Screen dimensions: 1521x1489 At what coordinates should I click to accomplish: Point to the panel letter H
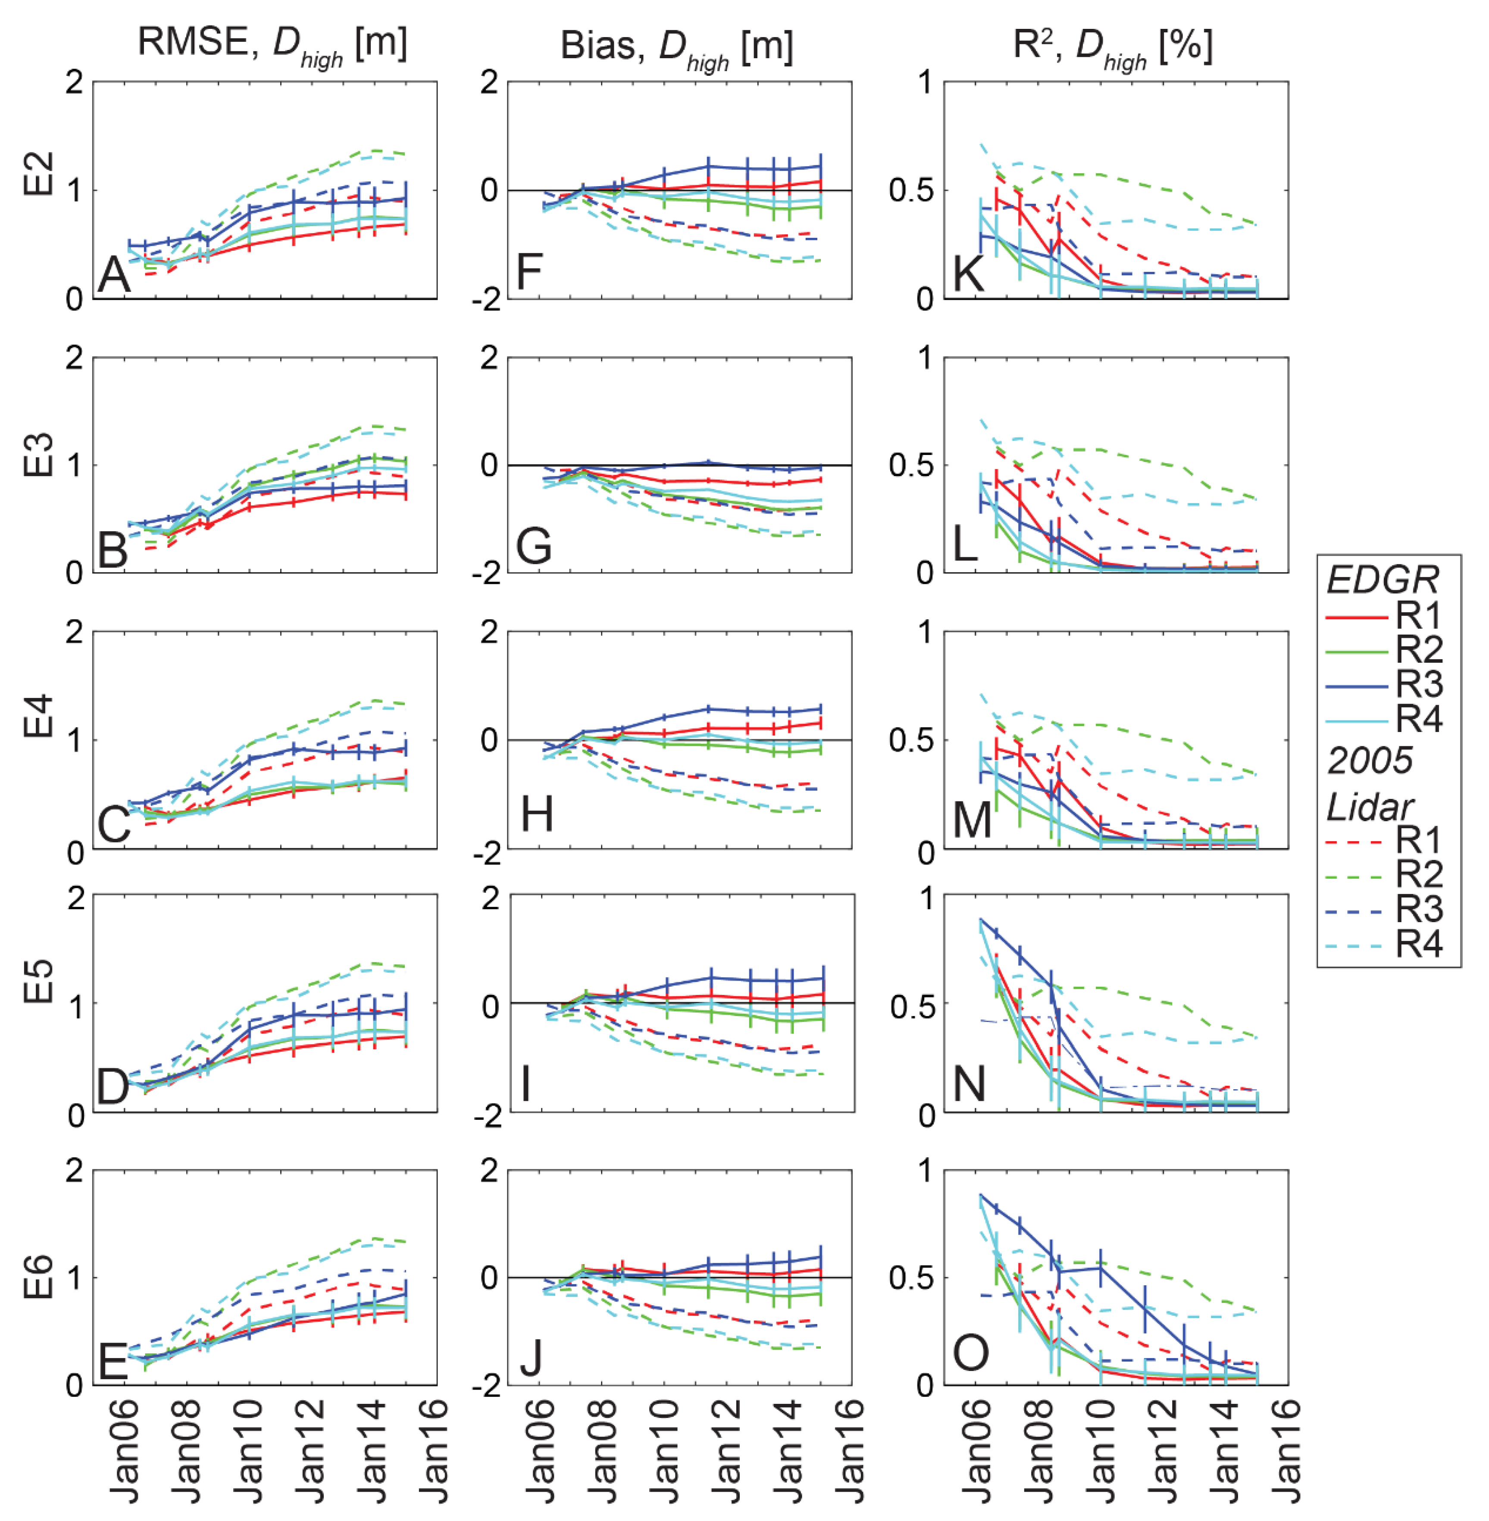[537, 813]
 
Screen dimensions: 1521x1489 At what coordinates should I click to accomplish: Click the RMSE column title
[272, 43]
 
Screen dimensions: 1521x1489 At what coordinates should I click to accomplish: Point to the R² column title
[1113, 47]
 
